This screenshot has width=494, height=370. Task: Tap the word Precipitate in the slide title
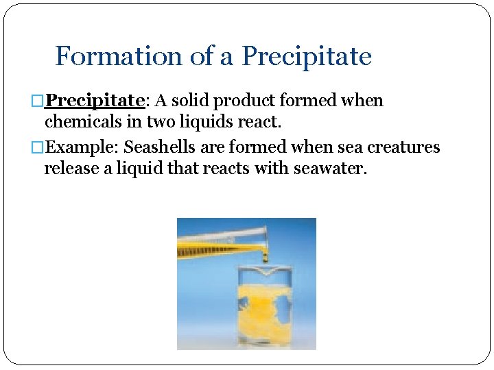[x=307, y=56]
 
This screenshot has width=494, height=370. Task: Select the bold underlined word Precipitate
[x=95, y=101]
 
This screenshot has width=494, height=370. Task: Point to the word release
[x=72, y=169]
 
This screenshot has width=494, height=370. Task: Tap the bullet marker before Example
[x=39, y=148]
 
